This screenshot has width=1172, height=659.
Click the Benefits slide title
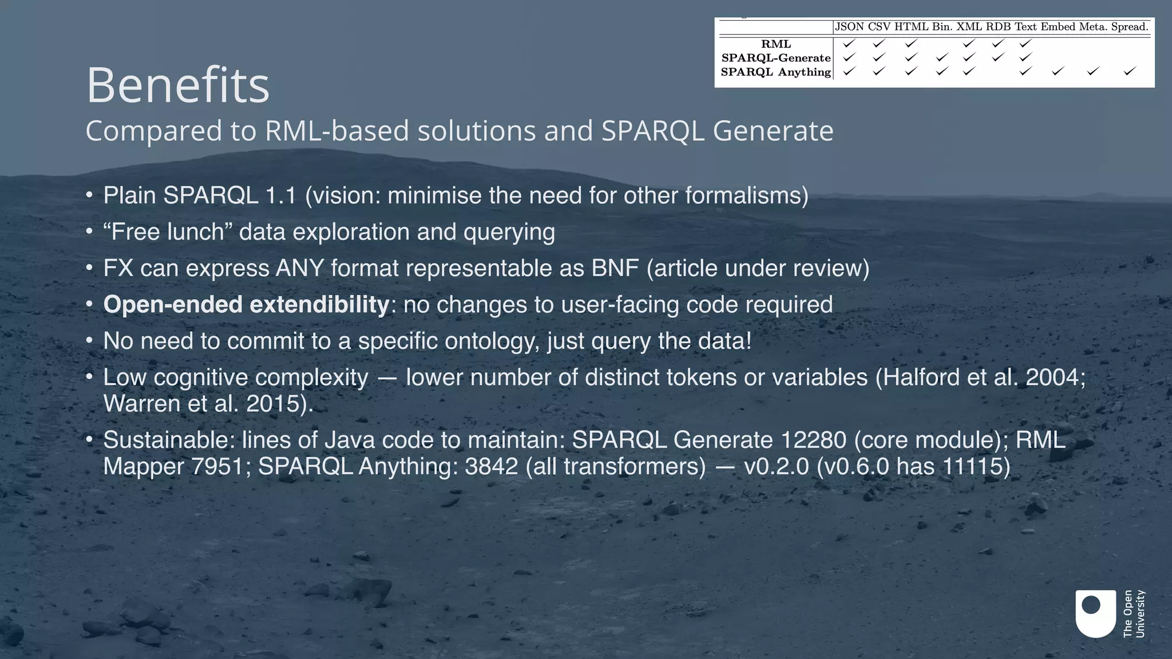tap(177, 86)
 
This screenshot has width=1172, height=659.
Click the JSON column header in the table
tap(849, 27)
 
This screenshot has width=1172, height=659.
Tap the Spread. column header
tap(1130, 27)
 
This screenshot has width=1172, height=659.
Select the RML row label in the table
tap(776, 44)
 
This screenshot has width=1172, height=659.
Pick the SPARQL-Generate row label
tap(776, 58)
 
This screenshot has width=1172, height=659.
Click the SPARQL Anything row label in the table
tap(775, 72)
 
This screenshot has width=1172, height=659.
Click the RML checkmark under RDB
tap(998, 43)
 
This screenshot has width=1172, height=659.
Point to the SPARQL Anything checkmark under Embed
tap(1058, 72)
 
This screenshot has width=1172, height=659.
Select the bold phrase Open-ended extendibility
tap(246, 305)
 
